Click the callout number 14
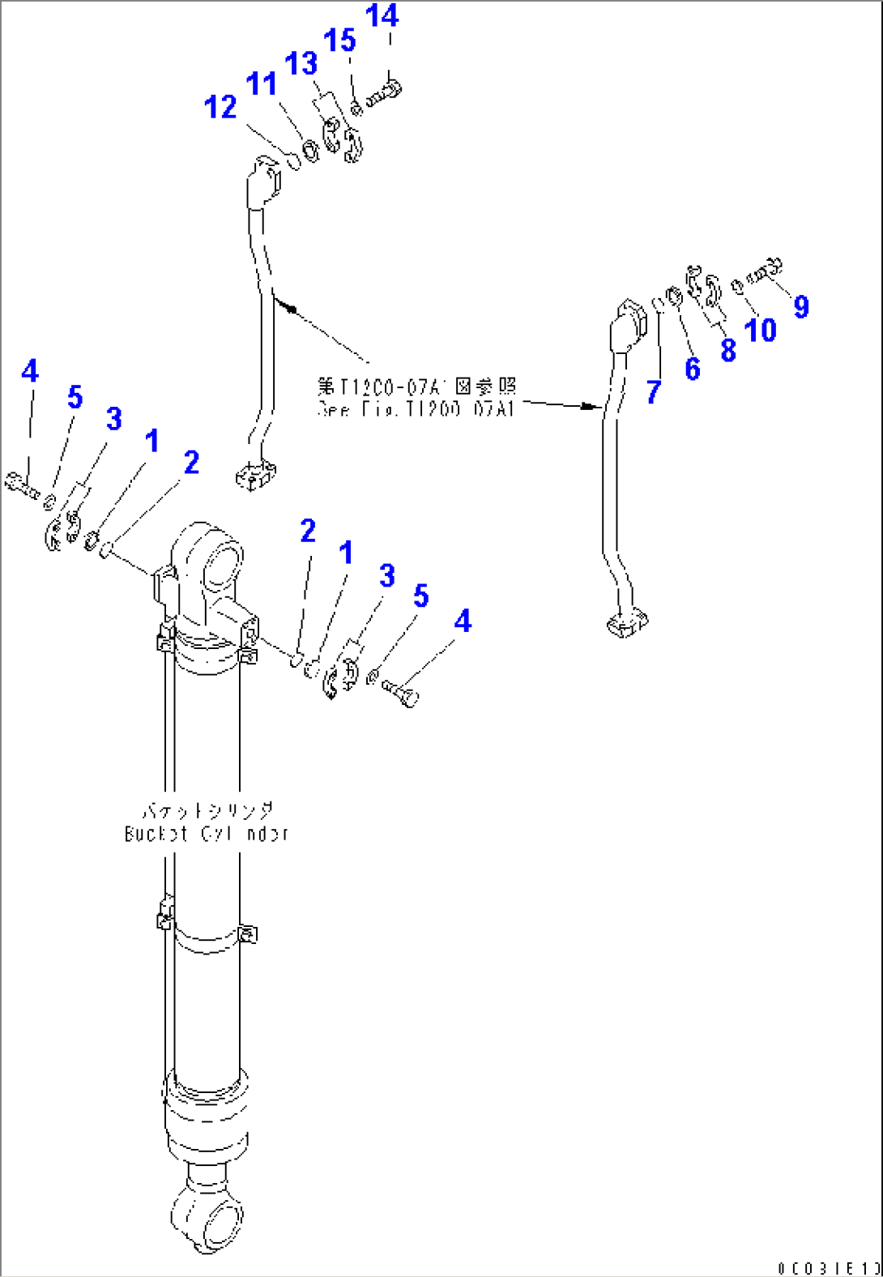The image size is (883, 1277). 382,15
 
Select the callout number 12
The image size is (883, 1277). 220,107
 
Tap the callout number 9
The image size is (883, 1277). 800,306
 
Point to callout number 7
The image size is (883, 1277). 654,392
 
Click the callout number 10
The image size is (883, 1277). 760,330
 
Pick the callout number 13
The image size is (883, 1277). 301,63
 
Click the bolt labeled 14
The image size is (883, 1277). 385,93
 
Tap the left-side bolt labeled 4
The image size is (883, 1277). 21,483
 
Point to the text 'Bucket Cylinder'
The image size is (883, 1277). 207,833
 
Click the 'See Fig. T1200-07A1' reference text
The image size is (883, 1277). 416,409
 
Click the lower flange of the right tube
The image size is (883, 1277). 627,624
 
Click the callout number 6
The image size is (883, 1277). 692,369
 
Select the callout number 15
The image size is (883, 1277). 339,40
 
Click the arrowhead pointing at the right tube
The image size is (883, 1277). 591,406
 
